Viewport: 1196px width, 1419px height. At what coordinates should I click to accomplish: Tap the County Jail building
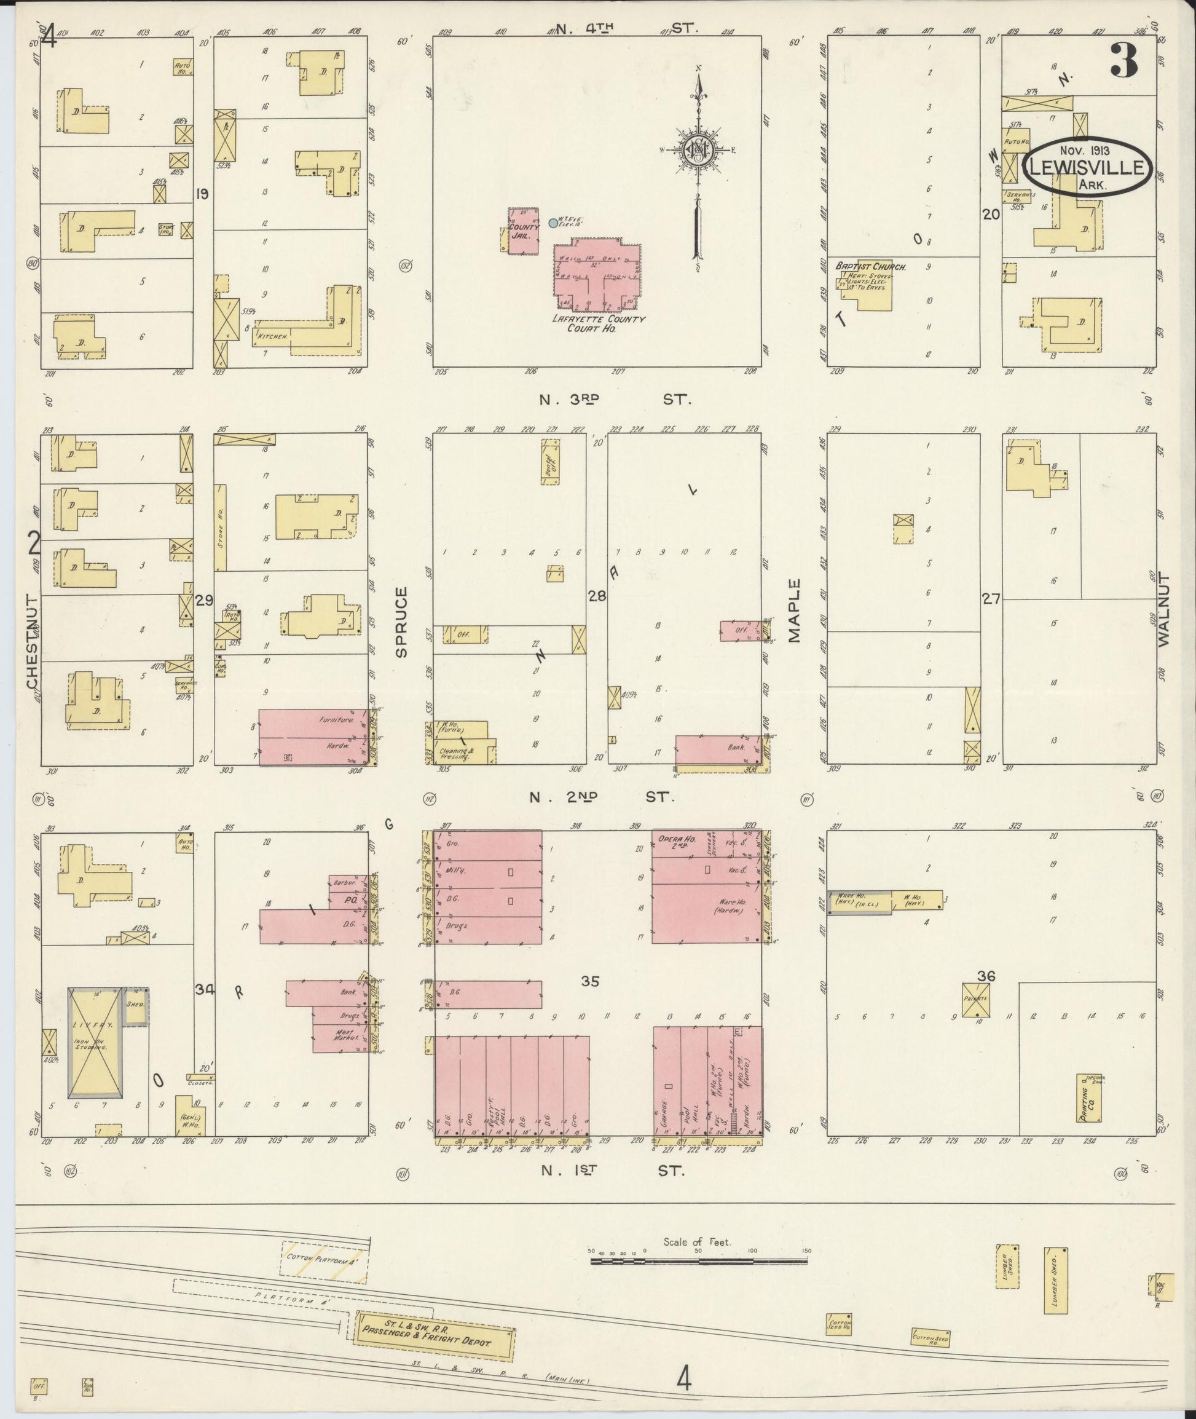(x=523, y=231)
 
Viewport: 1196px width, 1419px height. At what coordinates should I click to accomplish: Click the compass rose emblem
(x=696, y=150)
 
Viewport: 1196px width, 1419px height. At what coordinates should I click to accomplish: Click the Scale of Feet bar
(x=699, y=1261)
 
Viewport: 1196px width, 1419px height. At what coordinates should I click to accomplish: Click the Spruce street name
(x=401, y=622)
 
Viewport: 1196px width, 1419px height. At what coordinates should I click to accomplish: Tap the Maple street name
(x=794, y=610)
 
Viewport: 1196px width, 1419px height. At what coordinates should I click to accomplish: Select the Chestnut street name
(x=32, y=641)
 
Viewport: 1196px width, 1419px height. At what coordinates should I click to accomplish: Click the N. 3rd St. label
(x=615, y=400)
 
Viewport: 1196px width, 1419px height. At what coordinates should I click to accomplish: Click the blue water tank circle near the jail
(x=553, y=223)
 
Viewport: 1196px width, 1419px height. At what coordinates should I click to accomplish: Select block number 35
(x=590, y=981)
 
